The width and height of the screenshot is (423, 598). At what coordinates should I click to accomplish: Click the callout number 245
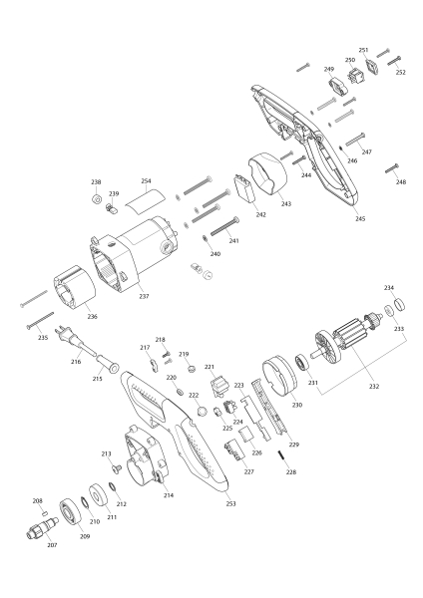[x=359, y=218]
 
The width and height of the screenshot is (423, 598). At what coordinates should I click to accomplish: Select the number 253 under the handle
[x=232, y=503]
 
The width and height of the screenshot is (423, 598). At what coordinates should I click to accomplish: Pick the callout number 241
[x=234, y=241]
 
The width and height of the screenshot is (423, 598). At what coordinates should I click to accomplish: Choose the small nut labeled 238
[x=97, y=198]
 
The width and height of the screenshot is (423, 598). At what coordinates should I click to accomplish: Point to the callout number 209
[x=85, y=537]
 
